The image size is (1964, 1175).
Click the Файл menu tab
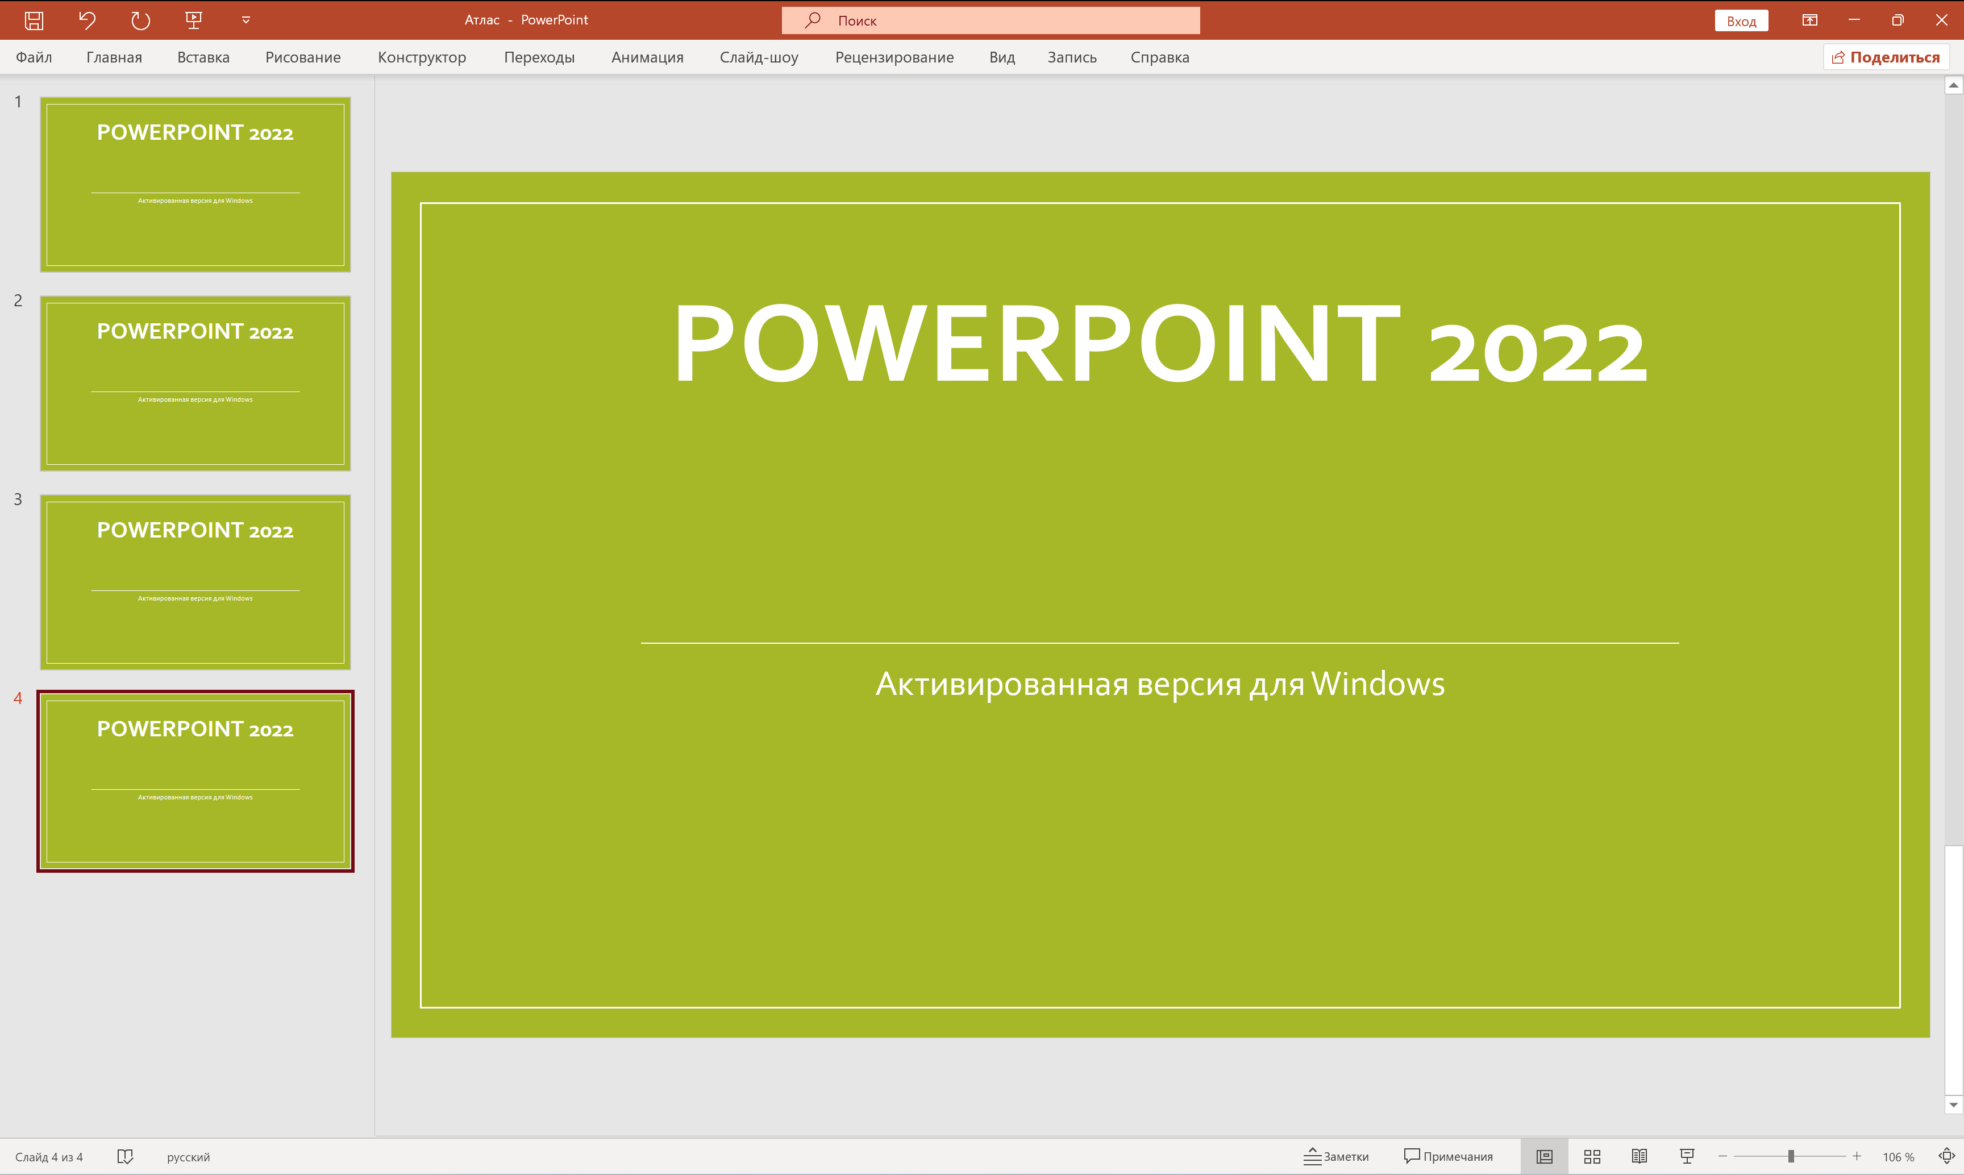34,57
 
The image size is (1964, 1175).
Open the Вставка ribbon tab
203,57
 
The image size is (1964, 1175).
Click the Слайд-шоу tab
758,57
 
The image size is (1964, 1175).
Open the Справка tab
1159,57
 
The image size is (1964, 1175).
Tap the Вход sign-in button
1741,20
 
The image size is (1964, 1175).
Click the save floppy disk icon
34,20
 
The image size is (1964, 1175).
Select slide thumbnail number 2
195,383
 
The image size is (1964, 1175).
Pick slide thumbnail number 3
195,582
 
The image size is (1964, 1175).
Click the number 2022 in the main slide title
1536,352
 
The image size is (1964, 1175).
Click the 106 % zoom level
1898,1157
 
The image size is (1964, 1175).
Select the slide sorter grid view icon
1592,1156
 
